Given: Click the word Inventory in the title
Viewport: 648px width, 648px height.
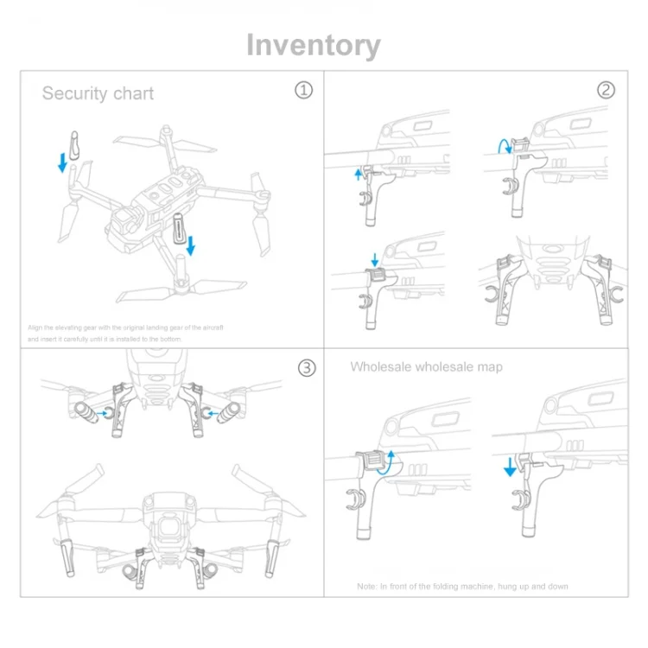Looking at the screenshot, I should click(x=313, y=45).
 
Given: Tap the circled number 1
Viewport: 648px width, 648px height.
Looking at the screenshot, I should click(x=303, y=90).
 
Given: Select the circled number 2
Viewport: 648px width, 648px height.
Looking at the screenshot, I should click(x=607, y=90).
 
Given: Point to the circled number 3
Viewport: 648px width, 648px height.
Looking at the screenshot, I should click(x=307, y=368).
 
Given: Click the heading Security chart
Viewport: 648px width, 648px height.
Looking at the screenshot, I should click(x=98, y=93).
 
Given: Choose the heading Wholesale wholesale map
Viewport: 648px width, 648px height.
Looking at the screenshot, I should click(x=426, y=367).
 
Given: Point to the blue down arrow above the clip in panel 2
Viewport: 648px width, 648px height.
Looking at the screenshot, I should click(x=373, y=258).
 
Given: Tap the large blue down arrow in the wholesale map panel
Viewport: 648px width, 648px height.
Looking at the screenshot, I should click(x=510, y=467).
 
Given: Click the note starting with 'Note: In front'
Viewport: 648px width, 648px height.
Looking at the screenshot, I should click(x=462, y=587).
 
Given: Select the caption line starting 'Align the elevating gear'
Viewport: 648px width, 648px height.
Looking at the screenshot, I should click(x=125, y=327).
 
